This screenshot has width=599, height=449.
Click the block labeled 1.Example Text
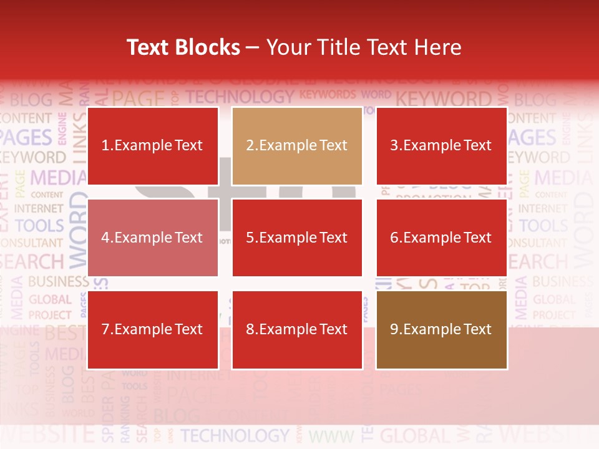pyautogui.click(x=153, y=146)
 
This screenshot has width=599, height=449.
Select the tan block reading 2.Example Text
pyautogui.click(x=297, y=146)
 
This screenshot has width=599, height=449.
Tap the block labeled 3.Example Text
pyautogui.click(x=442, y=146)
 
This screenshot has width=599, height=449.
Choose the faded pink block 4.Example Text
pyautogui.click(x=153, y=238)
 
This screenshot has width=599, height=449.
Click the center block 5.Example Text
pyautogui.click(x=297, y=238)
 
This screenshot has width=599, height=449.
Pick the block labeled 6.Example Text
pyautogui.click(x=442, y=238)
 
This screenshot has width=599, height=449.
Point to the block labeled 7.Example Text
pyautogui.click(x=153, y=329)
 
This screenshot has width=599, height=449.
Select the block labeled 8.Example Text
pyautogui.click(x=297, y=329)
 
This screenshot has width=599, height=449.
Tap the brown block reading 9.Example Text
pyautogui.click(x=442, y=329)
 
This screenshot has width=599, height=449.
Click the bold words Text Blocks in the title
pyautogui.click(x=183, y=47)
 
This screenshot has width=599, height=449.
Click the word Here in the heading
pyautogui.click(x=437, y=47)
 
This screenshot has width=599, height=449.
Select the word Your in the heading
pyautogui.click(x=290, y=47)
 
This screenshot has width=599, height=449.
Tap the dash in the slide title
pyautogui.click(x=253, y=48)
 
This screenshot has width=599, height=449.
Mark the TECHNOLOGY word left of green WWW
pyautogui.click(x=235, y=435)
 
